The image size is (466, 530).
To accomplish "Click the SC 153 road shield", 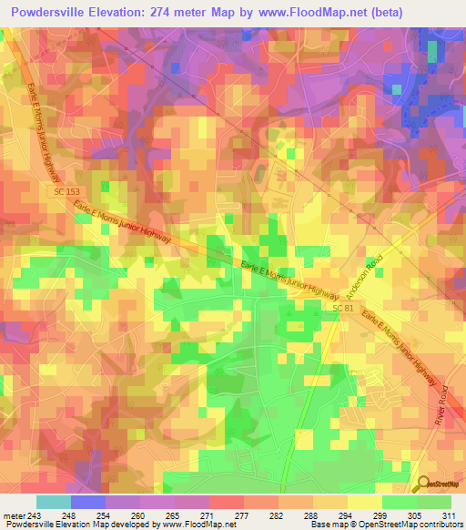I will point(60,191).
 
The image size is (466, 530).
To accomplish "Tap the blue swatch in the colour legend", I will point(87,502).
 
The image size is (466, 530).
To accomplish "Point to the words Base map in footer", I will point(324,525).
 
